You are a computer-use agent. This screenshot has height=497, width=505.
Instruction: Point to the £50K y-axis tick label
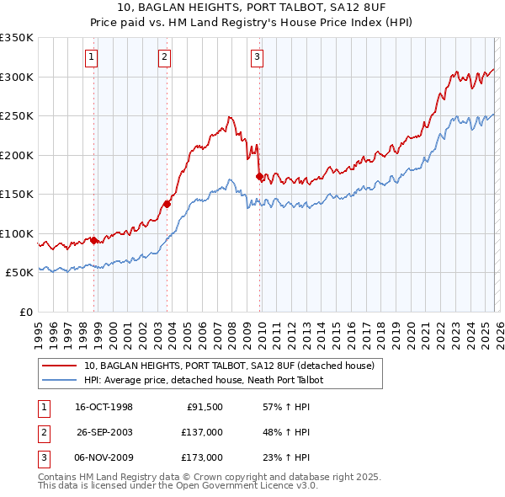click(x=19, y=273)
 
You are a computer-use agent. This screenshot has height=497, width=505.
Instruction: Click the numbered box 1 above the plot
click(x=91, y=57)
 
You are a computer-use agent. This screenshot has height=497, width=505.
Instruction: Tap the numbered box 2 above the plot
click(x=164, y=57)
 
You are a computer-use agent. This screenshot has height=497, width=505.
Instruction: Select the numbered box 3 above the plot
click(x=257, y=57)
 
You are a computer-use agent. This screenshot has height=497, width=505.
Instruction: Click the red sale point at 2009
click(x=259, y=176)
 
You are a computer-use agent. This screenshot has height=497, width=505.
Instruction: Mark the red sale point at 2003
click(x=167, y=204)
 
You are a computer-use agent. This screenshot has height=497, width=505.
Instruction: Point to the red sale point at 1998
click(x=94, y=240)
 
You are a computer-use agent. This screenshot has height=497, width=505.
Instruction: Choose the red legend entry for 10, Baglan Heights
click(x=233, y=366)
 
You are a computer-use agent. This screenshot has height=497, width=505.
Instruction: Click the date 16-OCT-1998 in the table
click(x=104, y=407)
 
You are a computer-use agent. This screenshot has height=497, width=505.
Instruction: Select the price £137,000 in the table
click(x=202, y=432)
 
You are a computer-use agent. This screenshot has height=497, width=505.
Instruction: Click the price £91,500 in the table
click(x=205, y=407)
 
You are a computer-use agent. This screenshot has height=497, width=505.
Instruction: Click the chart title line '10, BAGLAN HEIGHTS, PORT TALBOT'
click(x=252, y=8)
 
